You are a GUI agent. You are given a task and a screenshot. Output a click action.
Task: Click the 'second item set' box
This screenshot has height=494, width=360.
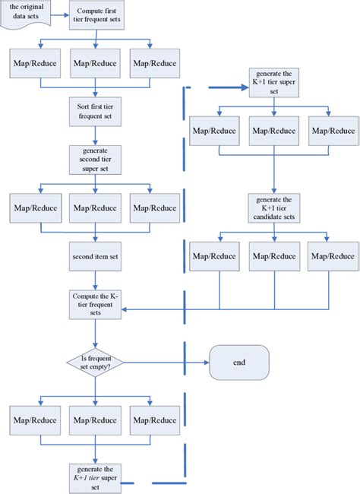(94, 256)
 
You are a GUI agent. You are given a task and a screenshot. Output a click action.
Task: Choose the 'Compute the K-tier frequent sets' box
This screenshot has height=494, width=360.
(94, 304)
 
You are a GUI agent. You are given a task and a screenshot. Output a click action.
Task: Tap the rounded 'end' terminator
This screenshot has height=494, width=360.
(239, 363)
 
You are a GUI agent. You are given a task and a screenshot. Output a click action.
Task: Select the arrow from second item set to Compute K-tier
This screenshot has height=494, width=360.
(94, 279)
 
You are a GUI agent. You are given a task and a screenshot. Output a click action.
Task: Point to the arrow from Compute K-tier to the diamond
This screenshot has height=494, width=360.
(94, 332)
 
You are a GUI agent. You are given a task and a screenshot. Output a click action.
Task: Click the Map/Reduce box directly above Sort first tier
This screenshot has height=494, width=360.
(94, 64)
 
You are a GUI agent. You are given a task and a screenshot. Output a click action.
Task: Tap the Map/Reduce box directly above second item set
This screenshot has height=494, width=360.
(94, 208)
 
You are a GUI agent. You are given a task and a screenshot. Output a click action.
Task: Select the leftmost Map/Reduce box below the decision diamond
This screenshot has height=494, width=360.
(34, 420)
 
